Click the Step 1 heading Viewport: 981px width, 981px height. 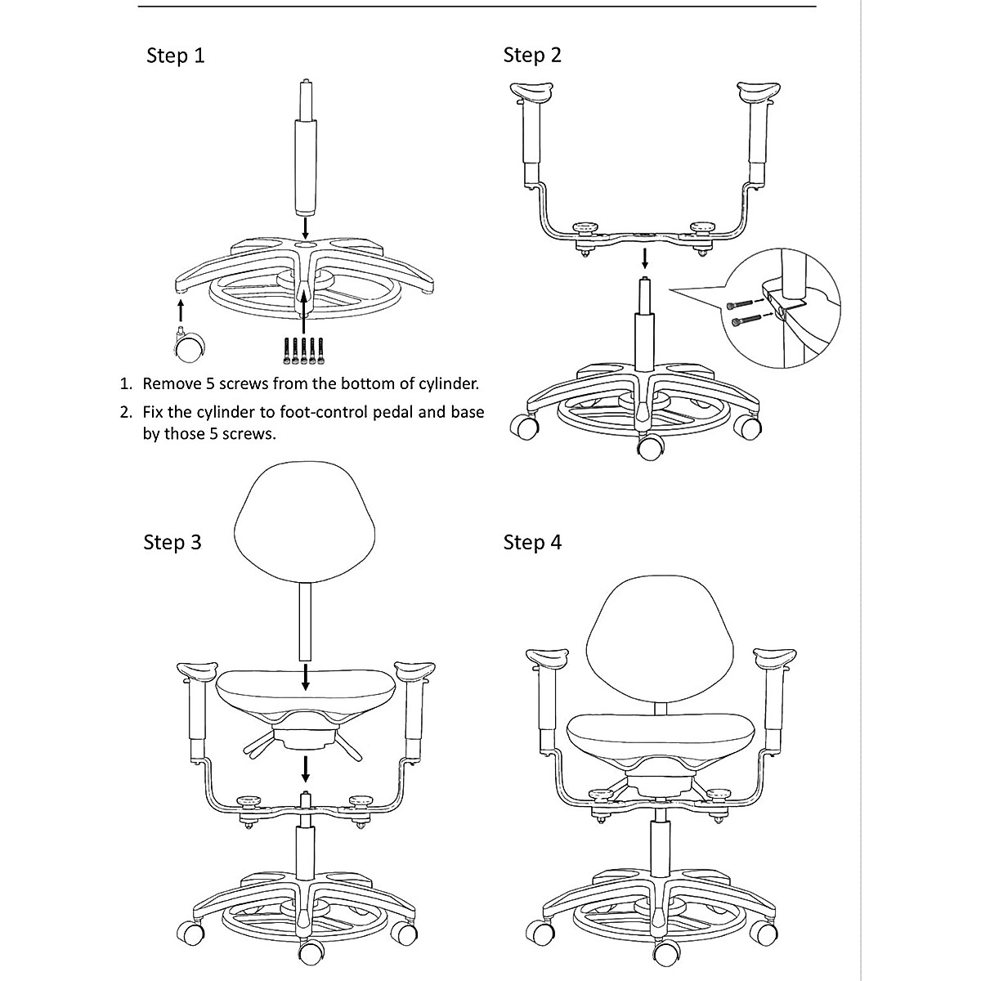pos(175,56)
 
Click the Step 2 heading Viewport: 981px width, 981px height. pos(532,56)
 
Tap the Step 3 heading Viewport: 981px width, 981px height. pos(172,543)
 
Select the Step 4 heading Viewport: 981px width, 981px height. pos(532,543)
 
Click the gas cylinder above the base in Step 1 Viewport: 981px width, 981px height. pos(305,163)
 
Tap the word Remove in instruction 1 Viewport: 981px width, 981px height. pos(172,383)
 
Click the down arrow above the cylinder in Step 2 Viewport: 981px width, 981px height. pos(646,258)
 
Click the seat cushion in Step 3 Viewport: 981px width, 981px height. pos(305,689)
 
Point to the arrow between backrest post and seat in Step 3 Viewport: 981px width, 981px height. pos(306,676)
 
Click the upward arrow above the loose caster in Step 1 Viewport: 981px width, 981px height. pos(180,311)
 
